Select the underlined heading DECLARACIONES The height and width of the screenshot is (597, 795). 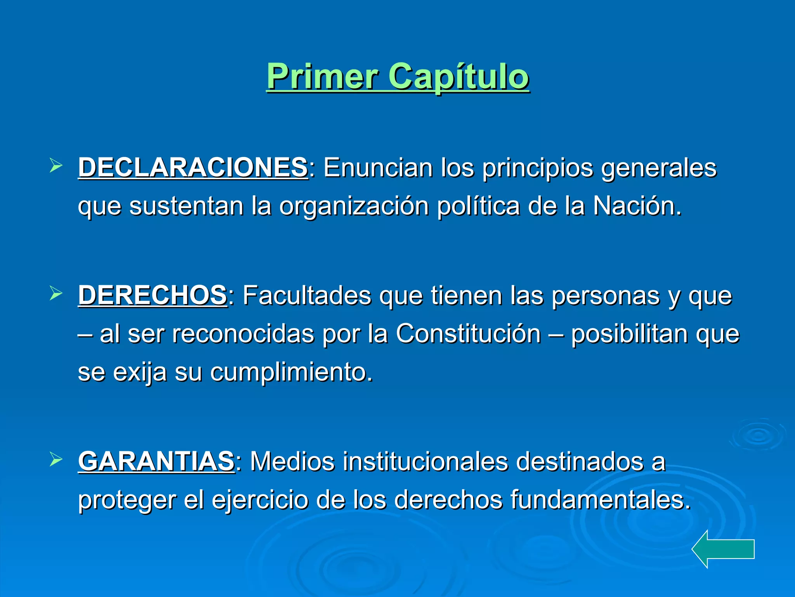coord(193,168)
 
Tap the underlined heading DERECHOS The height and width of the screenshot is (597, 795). coord(152,295)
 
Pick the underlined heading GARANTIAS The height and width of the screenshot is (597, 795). coord(156,461)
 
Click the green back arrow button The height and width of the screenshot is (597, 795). coord(723,549)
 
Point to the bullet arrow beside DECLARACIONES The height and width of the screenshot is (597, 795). coord(56,166)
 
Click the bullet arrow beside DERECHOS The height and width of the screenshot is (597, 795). coord(56,294)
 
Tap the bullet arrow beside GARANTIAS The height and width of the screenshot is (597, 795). coord(56,460)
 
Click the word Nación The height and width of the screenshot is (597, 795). coord(637,206)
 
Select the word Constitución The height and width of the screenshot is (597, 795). coord(468,333)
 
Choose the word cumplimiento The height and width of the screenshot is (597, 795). coord(291,372)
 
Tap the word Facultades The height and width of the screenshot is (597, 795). coord(307,295)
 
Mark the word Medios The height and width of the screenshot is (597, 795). coord(292,461)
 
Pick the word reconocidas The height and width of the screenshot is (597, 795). coord(243,333)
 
